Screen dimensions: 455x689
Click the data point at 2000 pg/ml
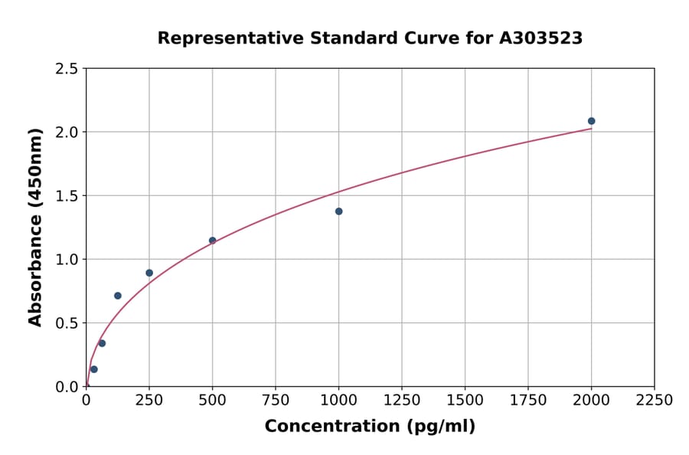pyautogui.click(x=591, y=121)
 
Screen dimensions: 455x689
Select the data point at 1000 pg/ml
pyautogui.click(x=338, y=211)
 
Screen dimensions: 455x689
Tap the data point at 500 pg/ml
pyautogui.click(x=212, y=241)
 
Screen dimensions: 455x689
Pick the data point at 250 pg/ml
pyautogui.click(x=149, y=273)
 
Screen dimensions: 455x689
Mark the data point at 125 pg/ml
pyautogui.click(x=118, y=296)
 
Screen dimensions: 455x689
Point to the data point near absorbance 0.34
pyautogui.click(x=102, y=343)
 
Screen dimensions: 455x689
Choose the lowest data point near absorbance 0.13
pyautogui.click(x=94, y=369)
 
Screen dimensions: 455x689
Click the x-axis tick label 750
pyautogui.click(x=276, y=401)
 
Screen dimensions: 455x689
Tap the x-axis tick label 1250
pyautogui.click(x=402, y=401)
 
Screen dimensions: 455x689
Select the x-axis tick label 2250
pyautogui.click(x=654, y=401)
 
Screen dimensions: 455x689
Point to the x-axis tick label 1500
pyautogui.click(x=465, y=401)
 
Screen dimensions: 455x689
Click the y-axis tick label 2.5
pyautogui.click(x=67, y=69)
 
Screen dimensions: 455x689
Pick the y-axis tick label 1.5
pyautogui.click(x=67, y=196)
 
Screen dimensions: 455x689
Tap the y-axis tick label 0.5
pyautogui.click(x=67, y=323)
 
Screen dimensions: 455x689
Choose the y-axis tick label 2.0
pyautogui.click(x=67, y=133)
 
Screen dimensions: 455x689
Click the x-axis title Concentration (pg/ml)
pyautogui.click(x=370, y=427)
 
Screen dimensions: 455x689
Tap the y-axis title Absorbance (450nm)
pyautogui.click(x=35, y=227)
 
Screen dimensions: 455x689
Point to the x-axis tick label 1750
pyautogui.click(x=527, y=401)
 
